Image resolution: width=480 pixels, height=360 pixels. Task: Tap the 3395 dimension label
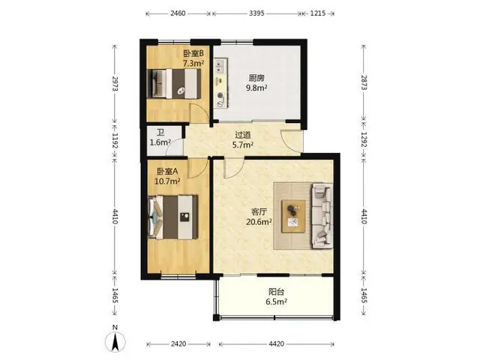pos(256,13)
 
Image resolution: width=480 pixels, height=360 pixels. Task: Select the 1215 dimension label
pos(318,13)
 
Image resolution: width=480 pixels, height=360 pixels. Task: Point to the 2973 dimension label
pos(115,83)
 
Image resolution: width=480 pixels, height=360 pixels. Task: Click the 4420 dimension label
pos(276,343)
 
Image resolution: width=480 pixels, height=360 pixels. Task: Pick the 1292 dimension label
pos(364,139)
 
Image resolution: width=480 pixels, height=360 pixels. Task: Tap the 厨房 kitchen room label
pos(256,78)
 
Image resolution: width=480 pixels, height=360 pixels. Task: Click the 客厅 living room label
pos(259,211)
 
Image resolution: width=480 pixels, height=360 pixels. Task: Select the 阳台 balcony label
pos(276,292)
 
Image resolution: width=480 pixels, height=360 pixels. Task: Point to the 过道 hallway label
pos(243,135)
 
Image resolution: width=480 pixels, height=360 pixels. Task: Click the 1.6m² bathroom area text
pos(160,142)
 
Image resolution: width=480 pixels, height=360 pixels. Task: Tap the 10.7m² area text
pos(166,181)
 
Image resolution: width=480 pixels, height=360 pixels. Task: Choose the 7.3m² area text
pos(193,63)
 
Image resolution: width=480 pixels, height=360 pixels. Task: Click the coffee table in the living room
pos(294,217)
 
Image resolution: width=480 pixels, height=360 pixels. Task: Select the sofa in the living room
pos(322,216)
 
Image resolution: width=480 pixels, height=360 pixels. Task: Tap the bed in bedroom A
pos(173,217)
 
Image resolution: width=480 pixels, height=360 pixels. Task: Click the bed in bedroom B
pos(174,83)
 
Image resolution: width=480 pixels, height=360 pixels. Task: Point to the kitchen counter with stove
pos(221,83)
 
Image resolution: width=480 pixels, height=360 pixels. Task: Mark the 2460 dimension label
pos(178,13)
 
